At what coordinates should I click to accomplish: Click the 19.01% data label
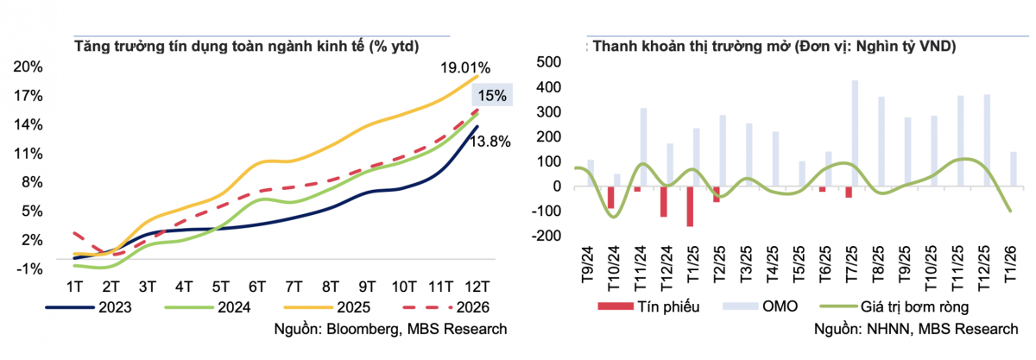pyautogui.click(x=464, y=68)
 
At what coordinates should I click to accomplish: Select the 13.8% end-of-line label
pyautogui.click(x=490, y=142)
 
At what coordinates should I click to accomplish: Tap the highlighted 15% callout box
pyautogui.click(x=492, y=95)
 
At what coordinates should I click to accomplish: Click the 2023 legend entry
pyautogui.click(x=89, y=307)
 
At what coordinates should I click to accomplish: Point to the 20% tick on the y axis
pyautogui.click(x=28, y=67)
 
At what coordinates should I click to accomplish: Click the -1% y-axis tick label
pyautogui.click(x=29, y=268)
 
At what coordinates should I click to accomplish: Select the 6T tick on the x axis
pyautogui.click(x=256, y=287)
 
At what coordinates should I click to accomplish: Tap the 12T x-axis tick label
pyautogui.click(x=477, y=287)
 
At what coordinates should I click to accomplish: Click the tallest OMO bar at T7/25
pyautogui.click(x=855, y=133)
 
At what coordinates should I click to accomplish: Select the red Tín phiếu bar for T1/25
pyautogui.click(x=690, y=206)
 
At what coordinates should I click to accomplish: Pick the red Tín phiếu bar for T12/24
pyautogui.click(x=664, y=202)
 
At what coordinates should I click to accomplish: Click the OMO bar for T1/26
pyautogui.click(x=1014, y=169)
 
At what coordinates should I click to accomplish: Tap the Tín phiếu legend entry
pyautogui.click(x=648, y=306)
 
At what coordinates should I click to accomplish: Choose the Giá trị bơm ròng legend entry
pyautogui.click(x=894, y=306)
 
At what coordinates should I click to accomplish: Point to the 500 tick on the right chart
pyautogui.click(x=548, y=62)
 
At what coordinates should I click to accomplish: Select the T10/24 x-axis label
pyautogui.click(x=613, y=268)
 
